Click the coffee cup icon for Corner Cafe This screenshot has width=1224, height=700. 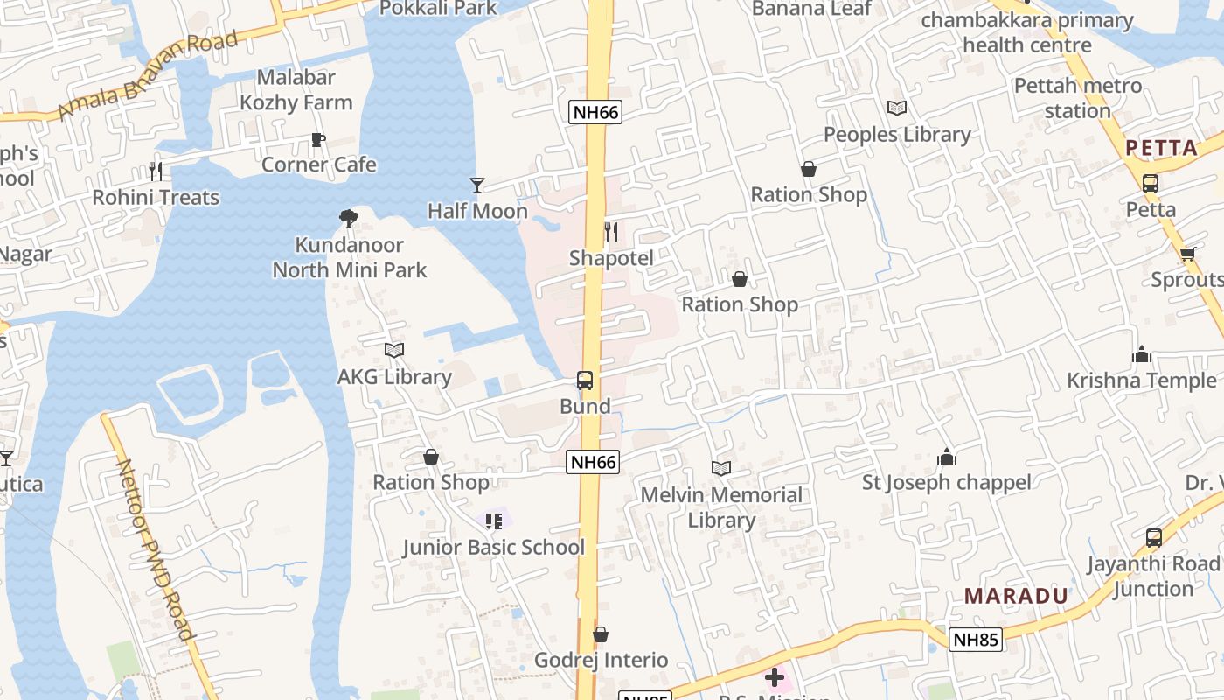pyautogui.click(x=318, y=140)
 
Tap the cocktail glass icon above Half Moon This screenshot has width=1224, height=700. pyautogui.click(x=477, y=185)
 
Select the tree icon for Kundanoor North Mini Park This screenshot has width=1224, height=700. pyautogui.click(x=349, y=219)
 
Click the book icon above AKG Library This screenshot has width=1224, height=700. pyautogui.click(x=394, y=350)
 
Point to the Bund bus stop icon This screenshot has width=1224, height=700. pyautogui.click(x=585, y=381)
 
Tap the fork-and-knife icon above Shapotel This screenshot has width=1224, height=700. pyautogui.click(x=611, y=232)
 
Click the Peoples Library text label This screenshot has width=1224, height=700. pyautogui.click(x=897, y=135)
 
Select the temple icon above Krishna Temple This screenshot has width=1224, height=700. pyautogui.click(x=1141, y=354)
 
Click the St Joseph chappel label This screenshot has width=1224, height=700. pyautogui.click(x=947, y=482)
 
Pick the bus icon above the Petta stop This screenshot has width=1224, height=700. pyautogui.click(x=1151, y=184)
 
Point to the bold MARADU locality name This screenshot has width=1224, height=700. pyautogui.click(x=1016, y=596)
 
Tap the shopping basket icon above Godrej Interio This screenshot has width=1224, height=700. pyautogui.click(x=601, y=634)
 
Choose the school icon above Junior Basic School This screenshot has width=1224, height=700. pyautogui.click(x=494, y=521)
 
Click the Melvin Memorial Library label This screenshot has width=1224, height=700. pyautogui.click(x=721, y=507)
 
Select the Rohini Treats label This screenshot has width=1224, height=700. pyautogui.click(x=156, y=197)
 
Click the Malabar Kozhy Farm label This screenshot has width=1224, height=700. pyautogui.click(x=296, y=90)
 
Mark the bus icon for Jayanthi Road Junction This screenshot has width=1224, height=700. pyautogui.click(x=1154, y=538)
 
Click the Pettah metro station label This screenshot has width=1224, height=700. pyautogui.click(x=1077, y=98)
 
